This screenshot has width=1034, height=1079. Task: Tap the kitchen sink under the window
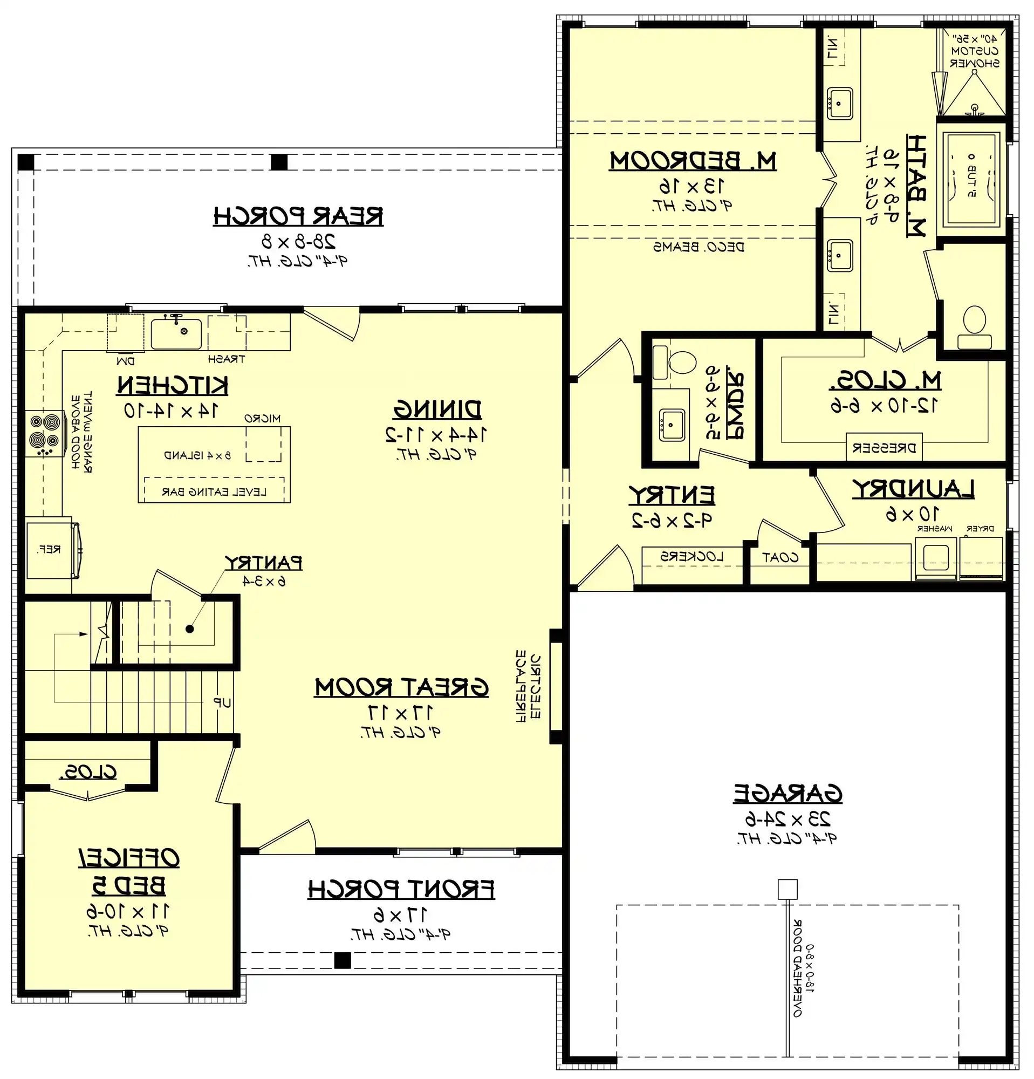tap(176, 333)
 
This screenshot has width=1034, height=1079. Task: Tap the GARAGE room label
tap(787, 793)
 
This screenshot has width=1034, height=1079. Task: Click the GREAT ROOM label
tap(401, 687)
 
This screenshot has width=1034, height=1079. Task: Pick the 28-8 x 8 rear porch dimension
tap(298, 241)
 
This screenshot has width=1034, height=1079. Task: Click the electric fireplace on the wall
tap(556, 685)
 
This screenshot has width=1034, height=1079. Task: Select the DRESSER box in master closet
tap(884, 448)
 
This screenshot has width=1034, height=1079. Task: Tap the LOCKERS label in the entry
tap(691, 557)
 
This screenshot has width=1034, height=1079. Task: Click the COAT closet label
tap(780, 558)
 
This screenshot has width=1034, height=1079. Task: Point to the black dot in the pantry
tap(190, 629)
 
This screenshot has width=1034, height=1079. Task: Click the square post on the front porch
tap(343, 960)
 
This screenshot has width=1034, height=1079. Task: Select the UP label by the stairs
tap(222, 702)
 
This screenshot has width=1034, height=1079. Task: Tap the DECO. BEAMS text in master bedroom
tap(699, 247)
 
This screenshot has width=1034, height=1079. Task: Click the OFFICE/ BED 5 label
tap(129, 871)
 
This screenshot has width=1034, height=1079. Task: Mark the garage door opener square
tap(787, 889)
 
